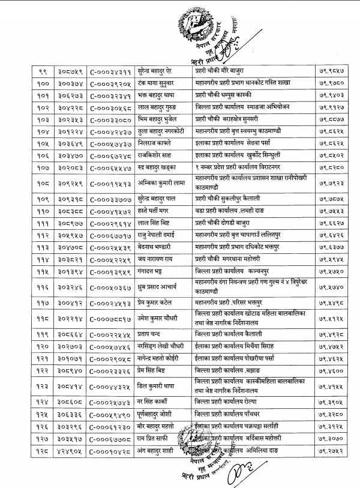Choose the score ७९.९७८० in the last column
point(328,83)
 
